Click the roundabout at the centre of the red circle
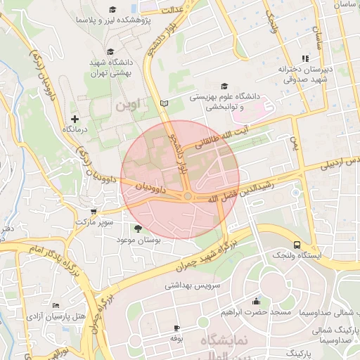point(188,196)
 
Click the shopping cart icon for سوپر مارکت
point(94,211)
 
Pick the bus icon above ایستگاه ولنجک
point(297,245)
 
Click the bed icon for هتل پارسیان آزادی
point(56,306)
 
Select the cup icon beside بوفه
point(176,328)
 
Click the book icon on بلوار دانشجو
point(165,103)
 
